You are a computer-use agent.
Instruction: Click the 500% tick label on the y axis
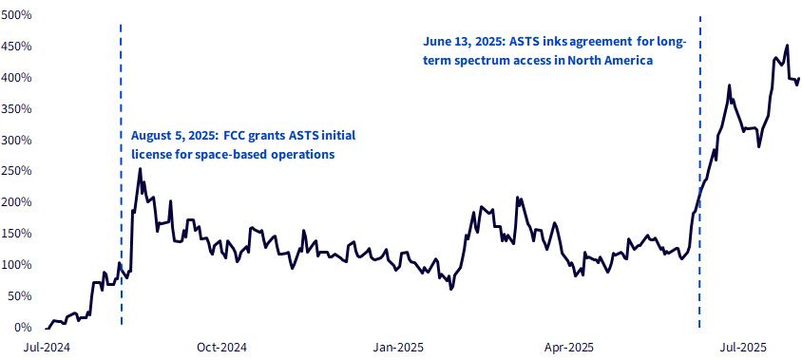17,15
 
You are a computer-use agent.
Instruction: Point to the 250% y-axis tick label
17,171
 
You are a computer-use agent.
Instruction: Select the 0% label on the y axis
22,328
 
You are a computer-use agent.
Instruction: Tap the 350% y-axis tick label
17,108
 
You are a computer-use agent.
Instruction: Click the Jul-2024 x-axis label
47,348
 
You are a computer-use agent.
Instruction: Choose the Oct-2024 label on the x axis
221,348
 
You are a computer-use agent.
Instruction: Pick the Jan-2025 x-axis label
397,348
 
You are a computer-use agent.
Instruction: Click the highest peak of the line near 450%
787,45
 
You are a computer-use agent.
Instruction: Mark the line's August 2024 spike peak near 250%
140,169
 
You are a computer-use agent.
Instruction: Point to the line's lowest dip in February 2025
450,289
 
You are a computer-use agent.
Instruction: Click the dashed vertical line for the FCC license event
122,174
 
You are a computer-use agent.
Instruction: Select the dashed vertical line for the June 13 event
699,172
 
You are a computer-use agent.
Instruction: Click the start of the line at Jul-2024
46,329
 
